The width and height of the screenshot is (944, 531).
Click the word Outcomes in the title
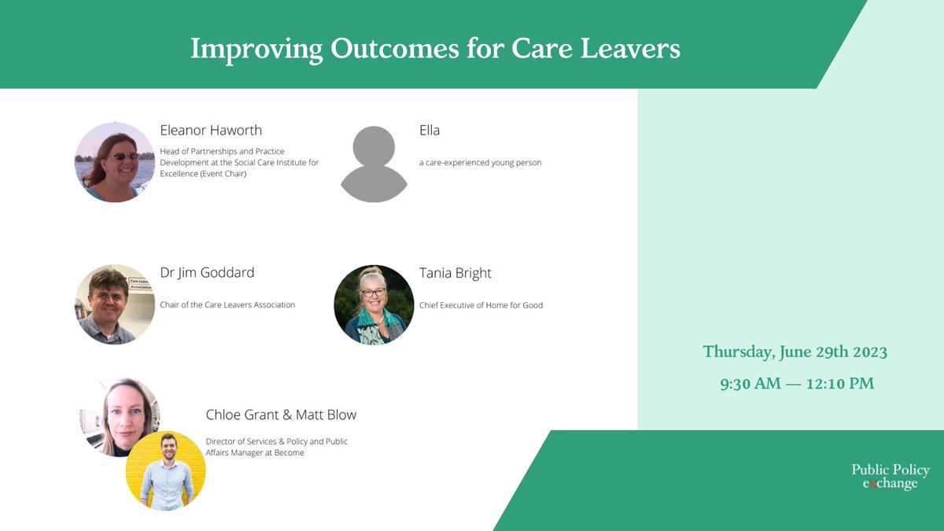(394, 49)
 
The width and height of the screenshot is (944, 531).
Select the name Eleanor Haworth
(211, 131)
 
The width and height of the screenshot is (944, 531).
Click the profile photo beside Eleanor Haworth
(115, 162)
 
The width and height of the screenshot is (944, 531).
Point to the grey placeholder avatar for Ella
(374, 164)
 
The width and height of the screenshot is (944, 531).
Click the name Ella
(430, 131)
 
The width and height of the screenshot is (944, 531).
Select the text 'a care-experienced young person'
(481, 163)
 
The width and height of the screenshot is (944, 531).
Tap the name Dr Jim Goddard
(207, 273)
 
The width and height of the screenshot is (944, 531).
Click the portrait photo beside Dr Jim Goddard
(115, 304)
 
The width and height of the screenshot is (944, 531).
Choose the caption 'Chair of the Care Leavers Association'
(227, 304)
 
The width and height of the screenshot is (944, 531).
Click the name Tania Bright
(455, 273)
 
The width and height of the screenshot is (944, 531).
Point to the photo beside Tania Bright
(374, 304)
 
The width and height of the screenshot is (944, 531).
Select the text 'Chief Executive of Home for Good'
(481, 305)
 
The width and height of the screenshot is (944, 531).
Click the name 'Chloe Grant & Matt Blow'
(281, 415)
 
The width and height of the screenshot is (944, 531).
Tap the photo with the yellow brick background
(166, 470)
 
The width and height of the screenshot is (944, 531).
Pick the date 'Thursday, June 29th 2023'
(795, 352)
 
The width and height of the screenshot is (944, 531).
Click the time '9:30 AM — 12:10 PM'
(797, 384)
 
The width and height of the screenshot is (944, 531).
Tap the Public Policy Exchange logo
(891, 476)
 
